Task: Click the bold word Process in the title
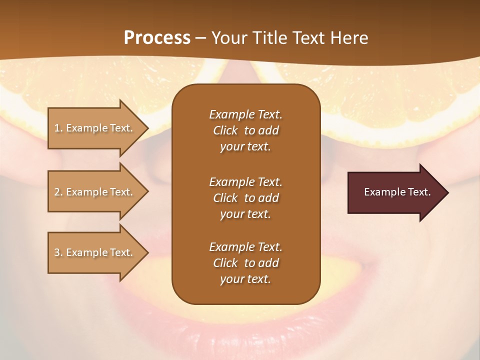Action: tap(157, 37)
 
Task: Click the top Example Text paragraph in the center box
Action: tap(245, 130)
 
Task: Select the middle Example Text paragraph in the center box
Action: tap(245, 197)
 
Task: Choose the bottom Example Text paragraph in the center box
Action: tap(245, 263)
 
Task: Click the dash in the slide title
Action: tap(201, 38)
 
